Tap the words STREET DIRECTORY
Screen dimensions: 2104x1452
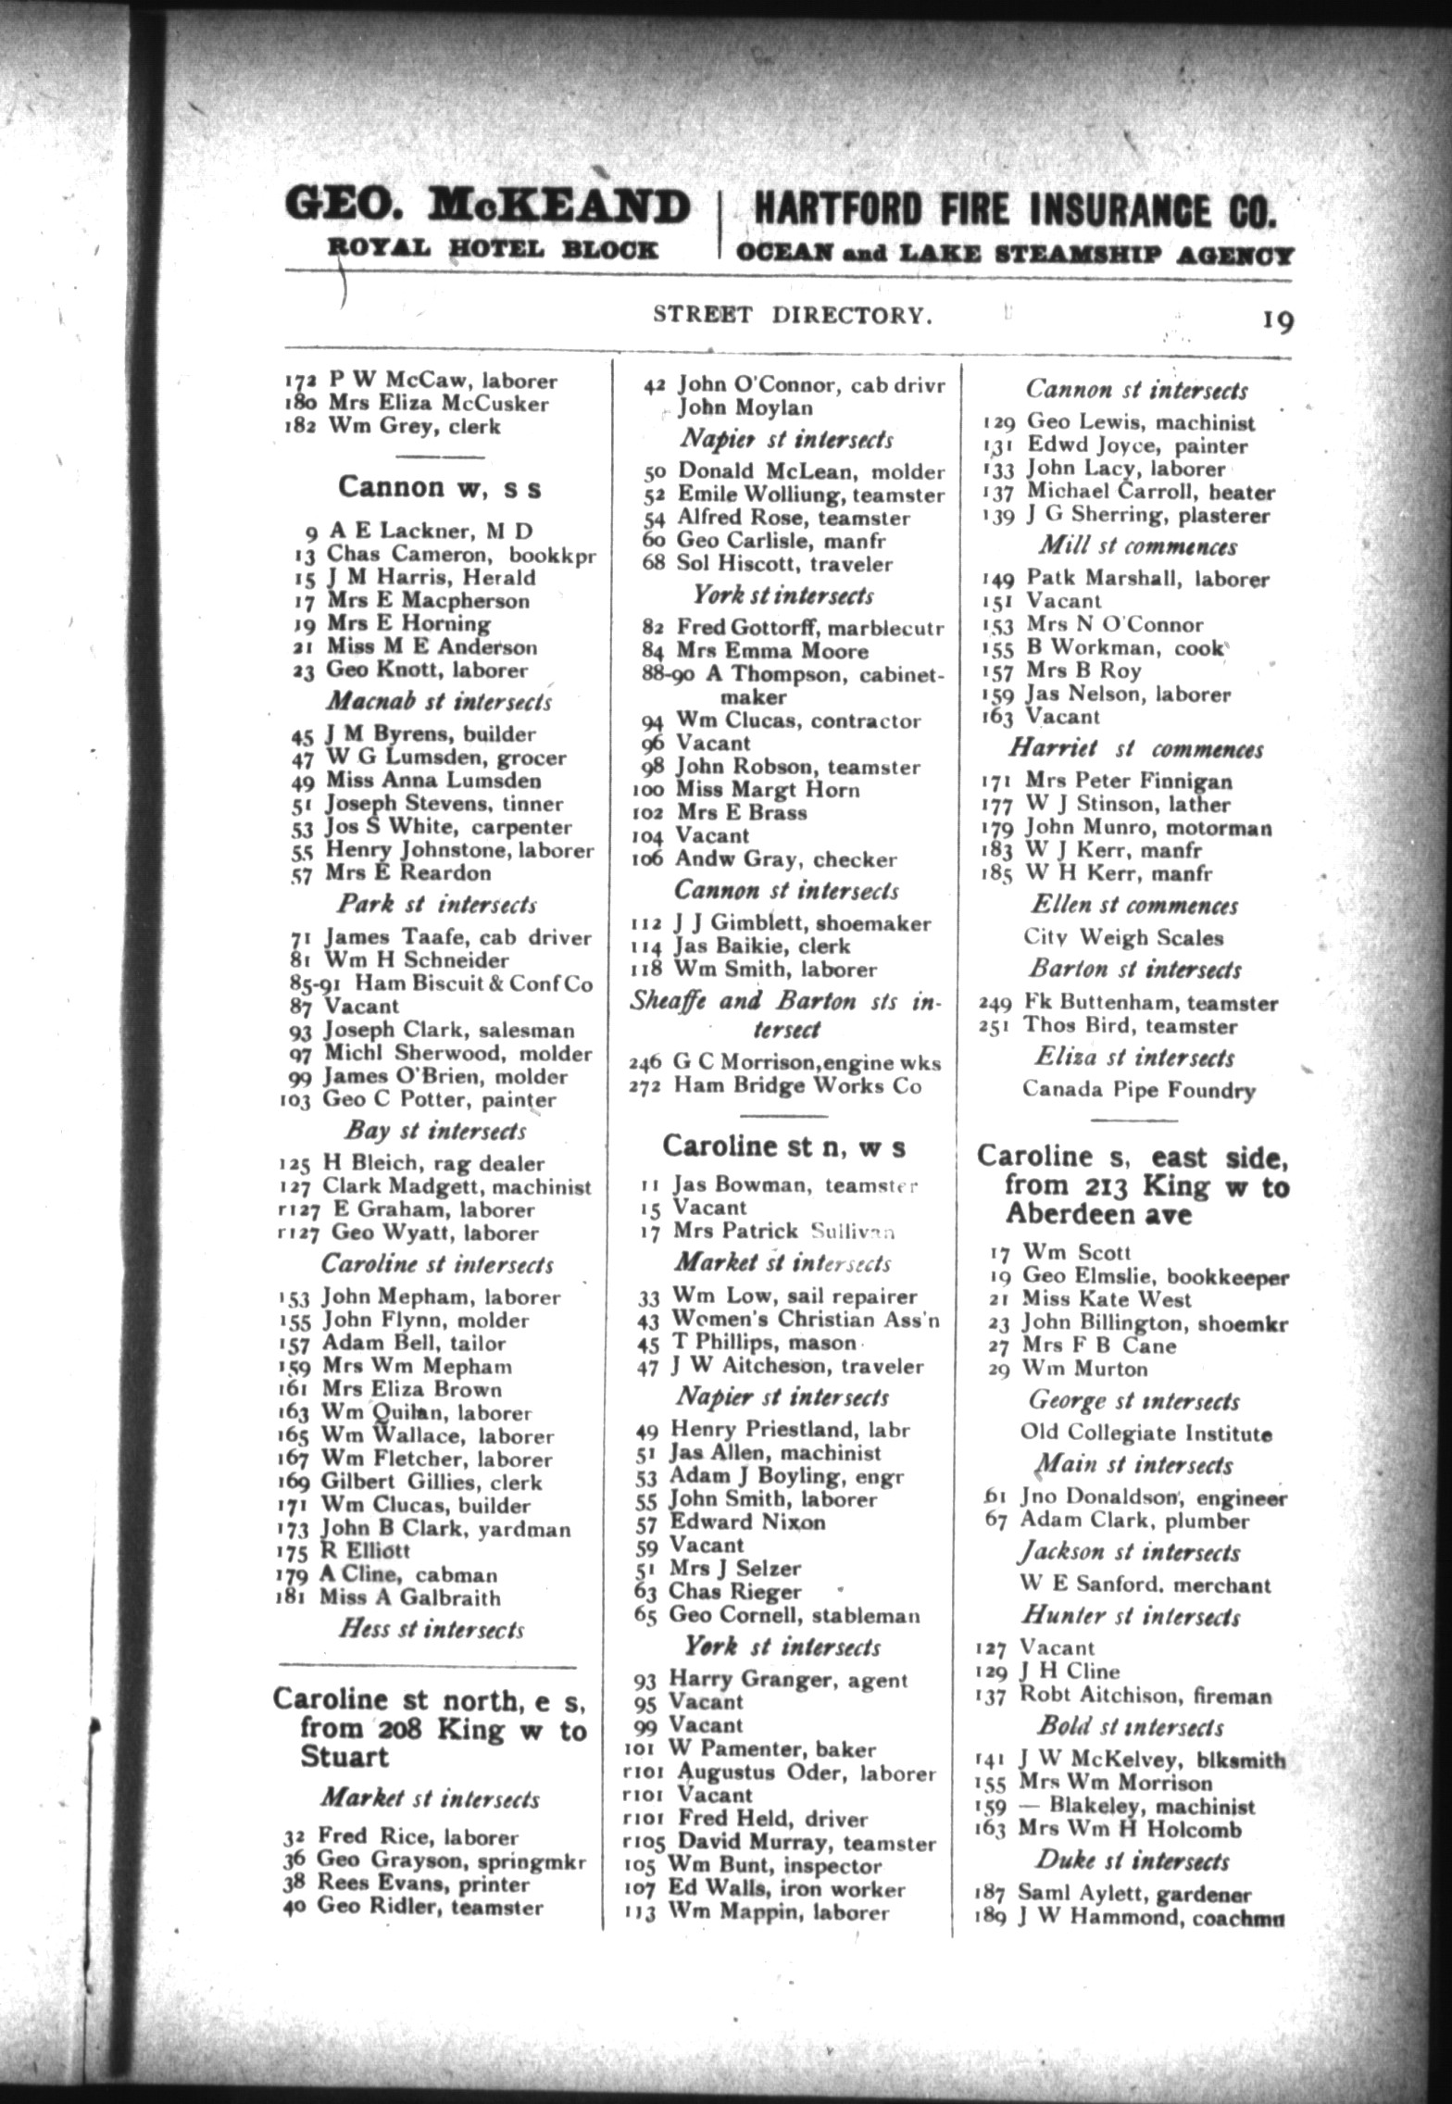click(793, 315)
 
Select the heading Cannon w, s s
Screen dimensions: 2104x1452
click(439, 487)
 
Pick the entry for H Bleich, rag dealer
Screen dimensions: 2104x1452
click(419, 1163)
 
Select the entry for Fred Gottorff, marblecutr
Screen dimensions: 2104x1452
click(794, 629)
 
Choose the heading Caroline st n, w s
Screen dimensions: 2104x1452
click(783, 1146)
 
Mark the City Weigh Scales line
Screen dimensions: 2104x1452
click(1123, 937)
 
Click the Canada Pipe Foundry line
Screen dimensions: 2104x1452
click(1139, 1089)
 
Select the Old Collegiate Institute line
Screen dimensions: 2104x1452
click(1145, 1434)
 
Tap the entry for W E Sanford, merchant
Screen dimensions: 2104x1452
click(1145, 1585)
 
